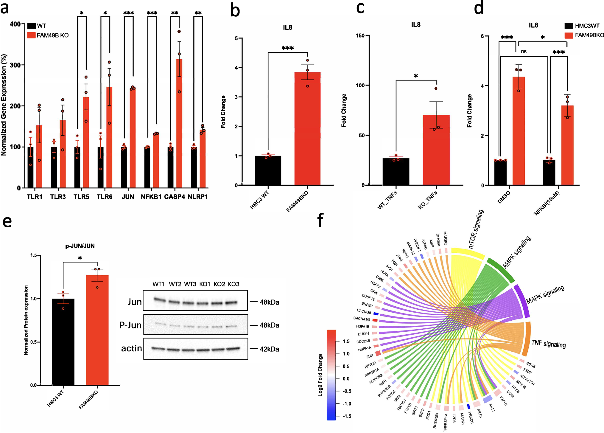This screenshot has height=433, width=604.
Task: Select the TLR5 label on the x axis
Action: click(x=81, y=197)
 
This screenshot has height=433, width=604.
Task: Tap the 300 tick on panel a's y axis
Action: click(x=15, y=65)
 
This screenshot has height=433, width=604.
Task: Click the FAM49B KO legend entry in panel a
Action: click(x=52, y=35)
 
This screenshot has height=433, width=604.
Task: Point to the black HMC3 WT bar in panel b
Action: click(x=268, y=170)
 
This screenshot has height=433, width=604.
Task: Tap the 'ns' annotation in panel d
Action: click(x=524, y=52)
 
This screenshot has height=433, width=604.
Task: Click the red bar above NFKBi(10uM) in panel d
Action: click(x=567, y=146)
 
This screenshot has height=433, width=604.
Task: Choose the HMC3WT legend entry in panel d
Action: click(x=587, y=26)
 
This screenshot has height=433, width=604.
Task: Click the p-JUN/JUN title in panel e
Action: click(x=80, y=246)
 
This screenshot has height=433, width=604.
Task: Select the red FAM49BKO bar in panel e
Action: click(x=97, y=331)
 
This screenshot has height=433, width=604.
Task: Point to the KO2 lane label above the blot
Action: click(x=219, y=284)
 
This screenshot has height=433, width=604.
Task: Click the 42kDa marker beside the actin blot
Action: click(x=269, y=349)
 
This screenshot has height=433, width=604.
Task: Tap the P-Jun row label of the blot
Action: click(x=130, y=325)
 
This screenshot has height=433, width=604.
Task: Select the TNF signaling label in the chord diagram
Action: click(x=548, y=344)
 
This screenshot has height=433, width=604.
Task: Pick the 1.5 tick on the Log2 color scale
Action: click(x=346, y=341)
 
